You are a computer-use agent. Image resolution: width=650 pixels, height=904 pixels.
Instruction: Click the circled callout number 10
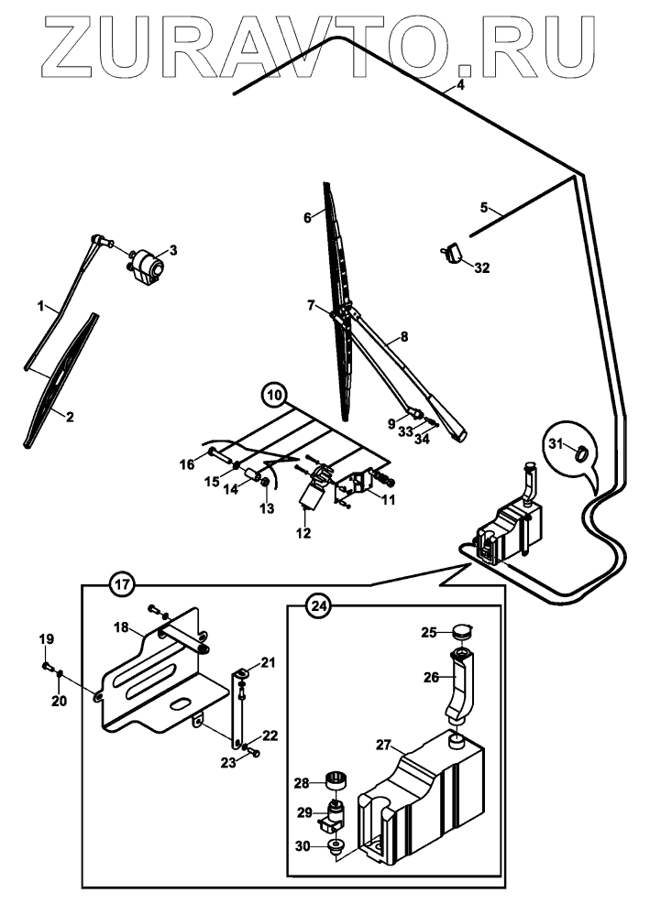click(x=272, y=396)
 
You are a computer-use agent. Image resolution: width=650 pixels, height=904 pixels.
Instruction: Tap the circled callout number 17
click(x=122, y=583)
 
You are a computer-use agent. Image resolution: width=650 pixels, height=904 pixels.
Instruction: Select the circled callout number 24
click(x=318, y=605)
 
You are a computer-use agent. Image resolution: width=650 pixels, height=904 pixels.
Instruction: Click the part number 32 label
click(x=482, y=268)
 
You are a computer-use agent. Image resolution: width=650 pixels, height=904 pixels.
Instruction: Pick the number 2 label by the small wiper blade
click(x=70, y=415)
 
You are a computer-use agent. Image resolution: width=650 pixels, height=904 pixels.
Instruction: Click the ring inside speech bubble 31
click(x=579, y=452)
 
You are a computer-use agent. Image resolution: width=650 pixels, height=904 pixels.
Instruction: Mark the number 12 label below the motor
click(x=303, y=532)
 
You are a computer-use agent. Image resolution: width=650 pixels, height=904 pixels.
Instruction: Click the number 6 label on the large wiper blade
click(x=308, y=216)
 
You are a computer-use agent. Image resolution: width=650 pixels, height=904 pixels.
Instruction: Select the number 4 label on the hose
click(x=460, y=85)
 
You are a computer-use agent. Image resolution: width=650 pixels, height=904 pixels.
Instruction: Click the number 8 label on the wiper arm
click(x=402, y=338)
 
